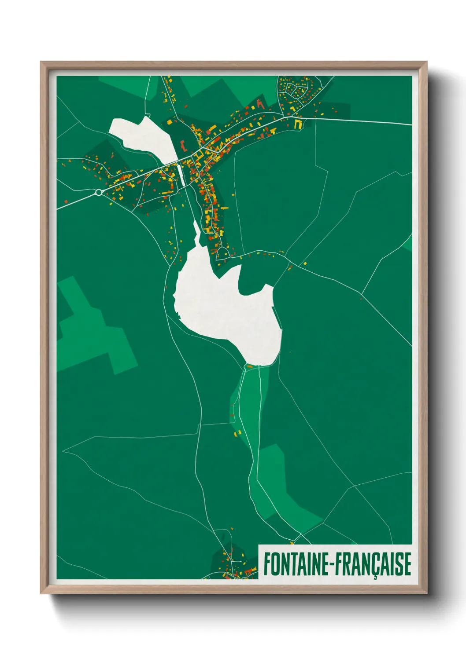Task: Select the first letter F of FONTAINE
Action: (x=267, y=564)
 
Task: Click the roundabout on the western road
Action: (x=99, y=192)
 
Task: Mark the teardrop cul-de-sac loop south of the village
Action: (x=223, y=252)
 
